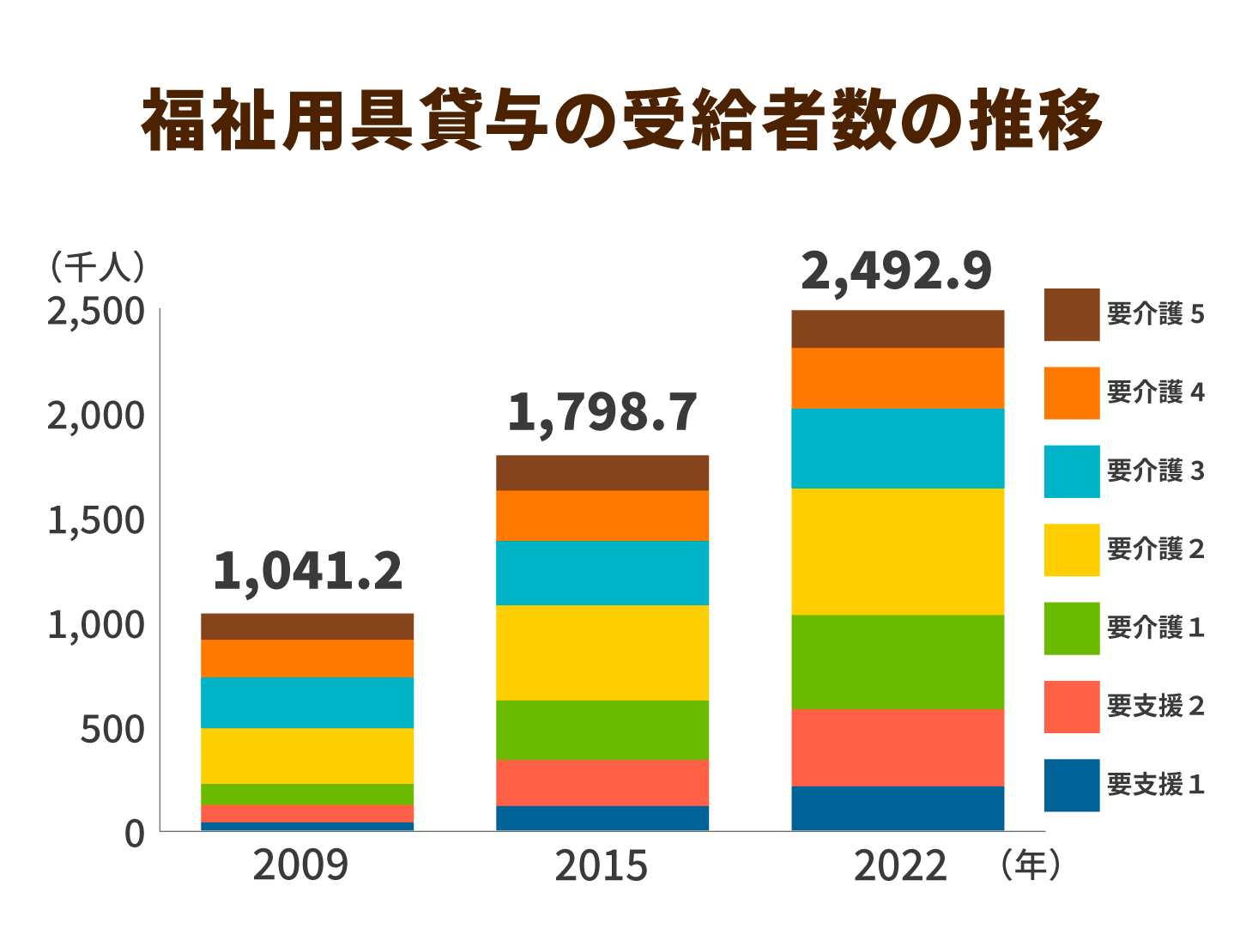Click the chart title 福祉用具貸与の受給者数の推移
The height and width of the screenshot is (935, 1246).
(x=622, y=120)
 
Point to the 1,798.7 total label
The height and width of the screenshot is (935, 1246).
(x=602, y=413)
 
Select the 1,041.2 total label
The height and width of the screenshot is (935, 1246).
(x=307, y=573)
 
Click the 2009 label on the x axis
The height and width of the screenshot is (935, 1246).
(x=300, y=865)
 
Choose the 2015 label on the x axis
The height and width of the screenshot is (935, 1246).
(x=601, y=865)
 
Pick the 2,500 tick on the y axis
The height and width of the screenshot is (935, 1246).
(x=96, y=312)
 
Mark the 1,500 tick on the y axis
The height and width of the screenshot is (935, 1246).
(x=96, y=520)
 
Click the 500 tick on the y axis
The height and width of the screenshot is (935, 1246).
(x=112, y=730)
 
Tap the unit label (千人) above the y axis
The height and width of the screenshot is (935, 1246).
(x=96, y=267)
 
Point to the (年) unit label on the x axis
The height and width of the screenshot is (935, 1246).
(x=1030, y=865)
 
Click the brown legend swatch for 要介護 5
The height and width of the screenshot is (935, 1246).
(x=1072, y=314)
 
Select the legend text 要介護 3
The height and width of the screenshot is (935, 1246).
(x=1155, y=471)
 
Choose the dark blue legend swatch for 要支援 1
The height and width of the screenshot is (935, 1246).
(x=1072, y=785)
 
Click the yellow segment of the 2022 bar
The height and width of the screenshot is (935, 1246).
(x=898, y=551)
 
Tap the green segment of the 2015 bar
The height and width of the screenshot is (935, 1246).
(x=602, y=730)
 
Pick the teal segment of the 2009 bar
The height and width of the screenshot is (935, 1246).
(x=307, y=702)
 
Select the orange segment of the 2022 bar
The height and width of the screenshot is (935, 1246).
(x=898, y=378)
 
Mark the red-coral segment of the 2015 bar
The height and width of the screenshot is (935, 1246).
(x=602, y=783)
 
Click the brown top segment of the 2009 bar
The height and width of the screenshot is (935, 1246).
(x=307, y=626)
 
